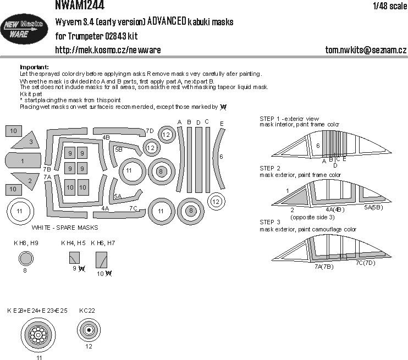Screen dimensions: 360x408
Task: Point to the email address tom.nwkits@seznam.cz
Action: pos(366,50)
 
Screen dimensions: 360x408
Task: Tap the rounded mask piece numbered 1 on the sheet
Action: pos(22,161)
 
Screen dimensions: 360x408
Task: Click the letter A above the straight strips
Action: pos(179,122)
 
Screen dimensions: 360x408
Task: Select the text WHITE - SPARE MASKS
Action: pos(64,227)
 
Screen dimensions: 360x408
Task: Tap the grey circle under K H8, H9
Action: pos(25,258)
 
